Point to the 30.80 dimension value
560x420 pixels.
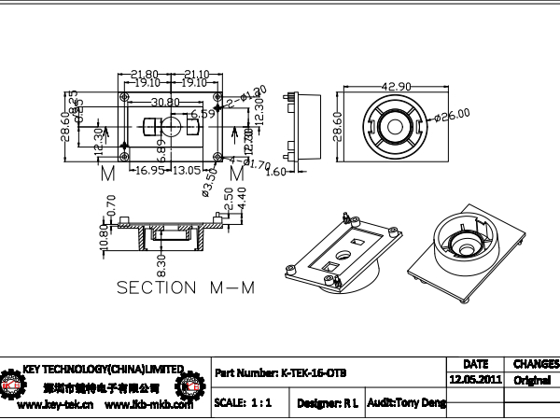point(165,102)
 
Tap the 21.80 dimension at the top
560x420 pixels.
point(144,73)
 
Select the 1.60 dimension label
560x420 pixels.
point(276,172)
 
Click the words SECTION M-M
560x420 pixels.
point(186,287)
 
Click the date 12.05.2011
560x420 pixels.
point(475,381)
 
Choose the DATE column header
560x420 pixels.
point(475,364)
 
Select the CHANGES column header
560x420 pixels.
point(535,364)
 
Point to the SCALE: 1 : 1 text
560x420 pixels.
point(243,403)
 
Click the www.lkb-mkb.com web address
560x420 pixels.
point(148,405)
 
